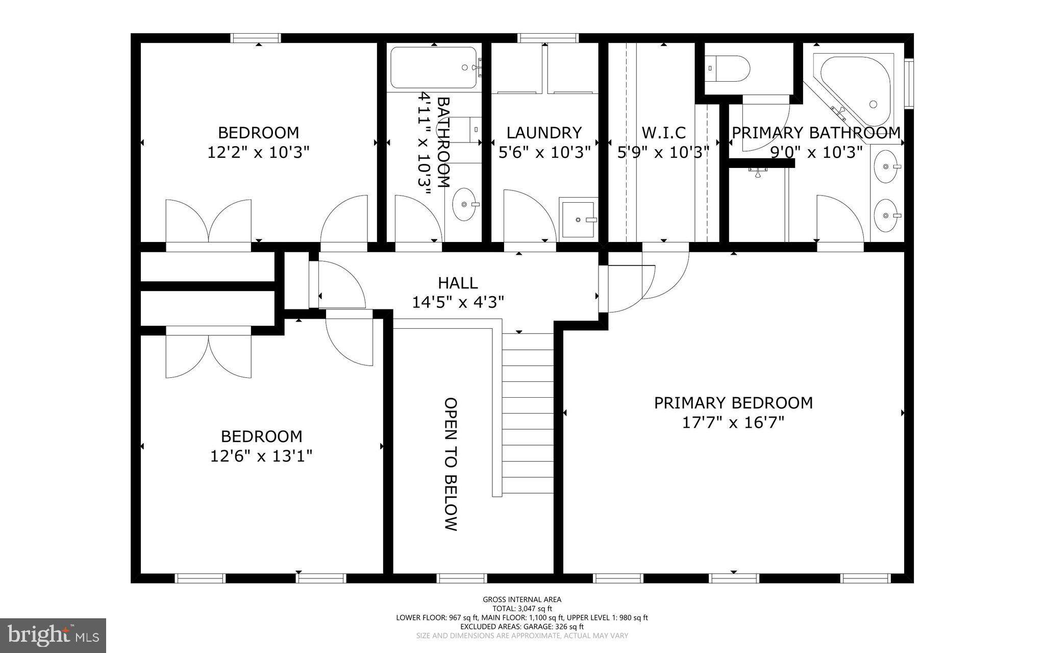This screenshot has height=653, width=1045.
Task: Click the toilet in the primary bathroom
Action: [727, 68]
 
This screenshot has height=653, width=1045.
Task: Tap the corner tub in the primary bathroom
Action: [852, 89]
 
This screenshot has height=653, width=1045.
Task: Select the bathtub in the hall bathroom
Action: [434, 68]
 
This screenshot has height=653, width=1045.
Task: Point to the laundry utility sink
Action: [579, 220]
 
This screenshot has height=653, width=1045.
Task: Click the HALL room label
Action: [458, 283]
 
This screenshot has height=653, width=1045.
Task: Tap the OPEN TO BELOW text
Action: [451, 464]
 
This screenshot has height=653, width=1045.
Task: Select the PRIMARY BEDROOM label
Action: [733, 403]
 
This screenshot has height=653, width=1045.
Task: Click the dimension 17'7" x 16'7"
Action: [733, 423]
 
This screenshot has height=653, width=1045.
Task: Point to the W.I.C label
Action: [663, 133]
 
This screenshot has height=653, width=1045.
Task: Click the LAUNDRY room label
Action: [544, 133]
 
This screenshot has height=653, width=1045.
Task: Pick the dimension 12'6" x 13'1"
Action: [261, 455]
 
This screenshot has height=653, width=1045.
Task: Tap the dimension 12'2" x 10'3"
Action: [258, 152]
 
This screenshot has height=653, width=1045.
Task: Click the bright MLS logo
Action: [53, 636]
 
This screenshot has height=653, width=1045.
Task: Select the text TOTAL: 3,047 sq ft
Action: [522, 609]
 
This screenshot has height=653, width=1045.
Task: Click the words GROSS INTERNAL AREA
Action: [522, 599]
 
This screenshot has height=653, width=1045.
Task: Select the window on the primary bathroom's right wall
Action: [909, 84]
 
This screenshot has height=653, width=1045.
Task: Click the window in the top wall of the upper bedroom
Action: [255, 38]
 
